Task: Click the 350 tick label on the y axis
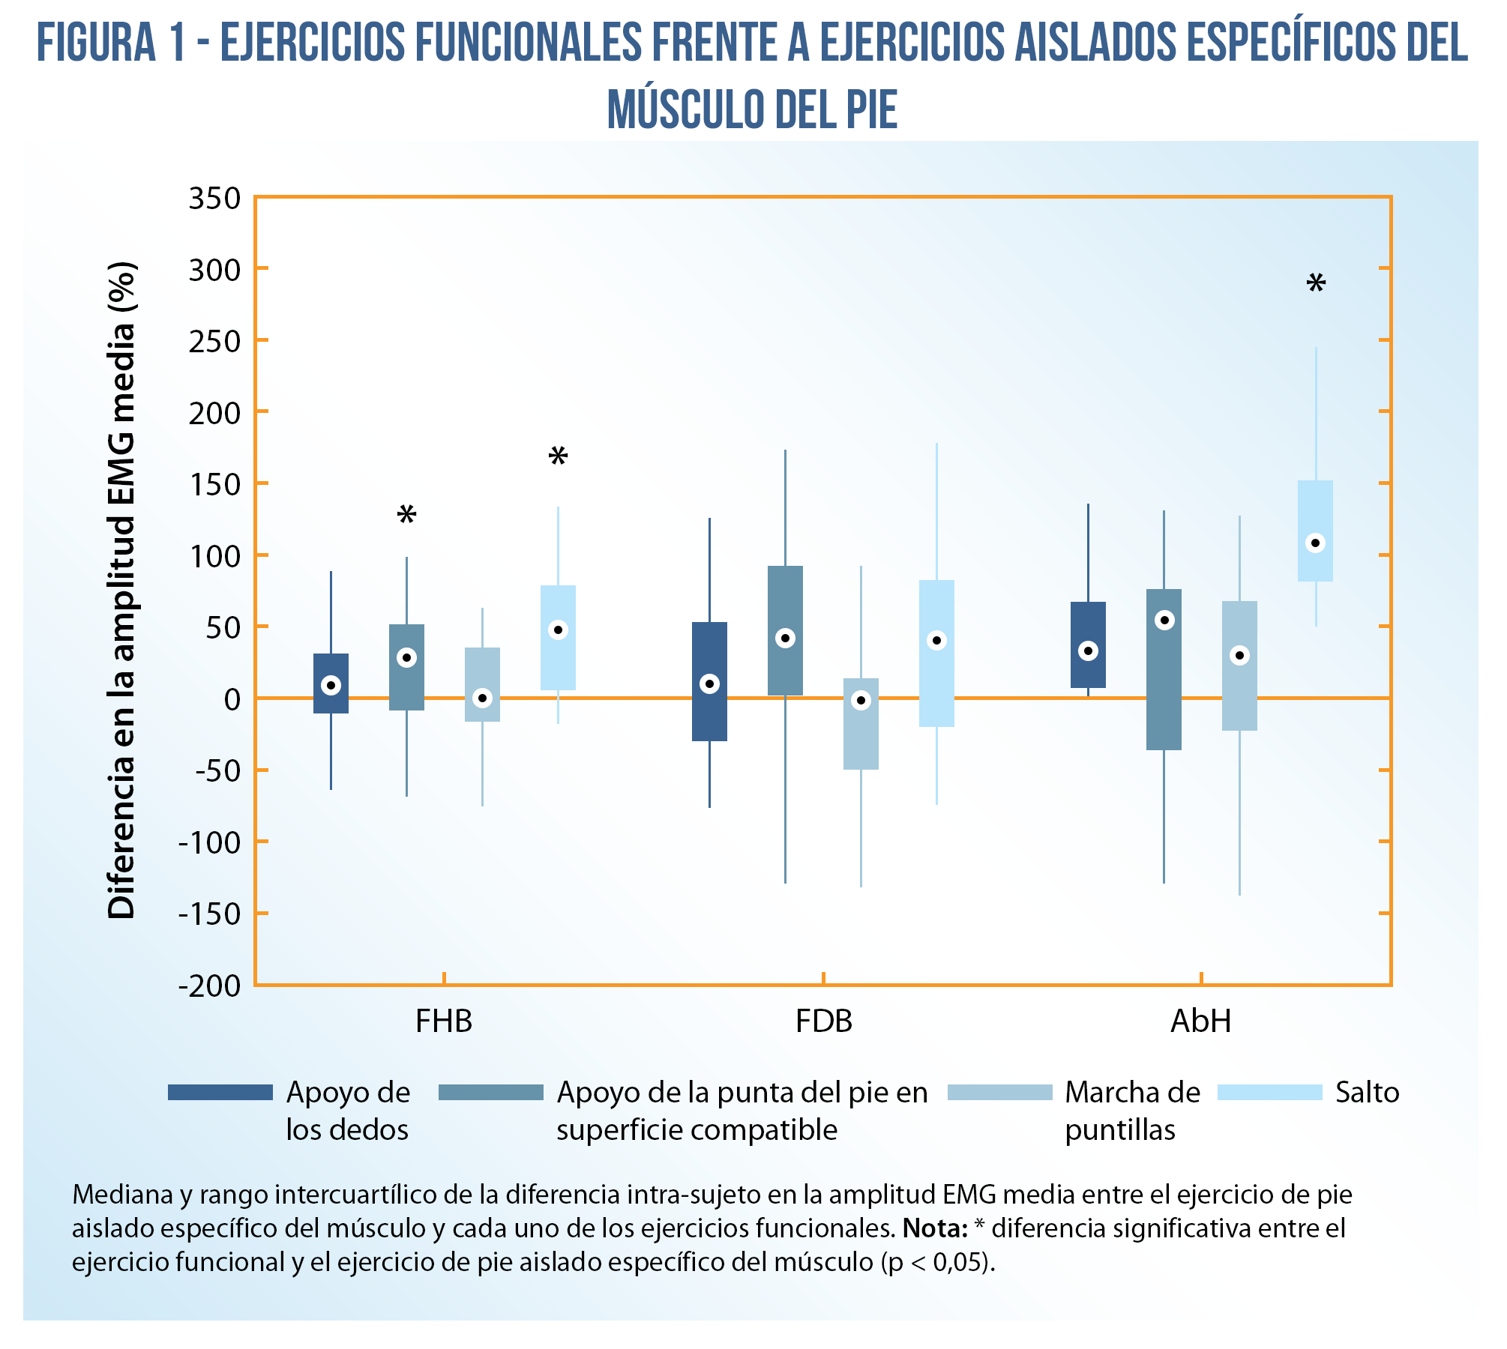point(214,199)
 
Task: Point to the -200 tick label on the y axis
point(209,986)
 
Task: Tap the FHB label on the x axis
point(444,1021)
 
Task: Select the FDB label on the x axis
point(824,1021)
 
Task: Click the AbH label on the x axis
point(1201,1021)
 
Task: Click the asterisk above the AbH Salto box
point(1316,285)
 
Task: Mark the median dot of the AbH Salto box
point(1315,543)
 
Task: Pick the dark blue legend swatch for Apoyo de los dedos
point(220,1093)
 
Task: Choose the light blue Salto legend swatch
point(1269,1093)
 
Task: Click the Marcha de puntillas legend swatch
point(999,1093)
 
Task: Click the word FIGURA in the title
point(96,43)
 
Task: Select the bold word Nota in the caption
point(934,1228)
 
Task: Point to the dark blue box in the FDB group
point(709,681)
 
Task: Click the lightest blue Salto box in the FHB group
point(558,638)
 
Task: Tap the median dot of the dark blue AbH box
point(1088,651)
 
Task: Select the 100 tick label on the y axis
point(214,557)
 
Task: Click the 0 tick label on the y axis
point(232,700)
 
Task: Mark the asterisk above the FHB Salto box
point(558,457)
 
